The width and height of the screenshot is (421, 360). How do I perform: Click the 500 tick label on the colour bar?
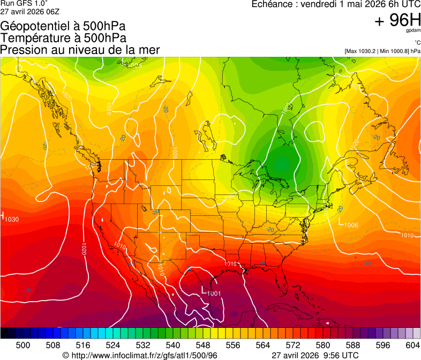[x=23, y=344]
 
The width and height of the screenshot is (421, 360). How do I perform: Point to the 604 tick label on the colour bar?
[x=413, y=344]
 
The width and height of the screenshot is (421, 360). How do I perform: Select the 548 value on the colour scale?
[x=203, y=344]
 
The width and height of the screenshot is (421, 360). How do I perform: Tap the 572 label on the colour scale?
[x=293, y=344]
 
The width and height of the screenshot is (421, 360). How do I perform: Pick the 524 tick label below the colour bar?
[x=113, y=344]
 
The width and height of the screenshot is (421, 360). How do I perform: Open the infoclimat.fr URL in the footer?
[x=144, y=355]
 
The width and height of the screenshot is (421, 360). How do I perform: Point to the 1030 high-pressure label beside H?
[x=11, y=219]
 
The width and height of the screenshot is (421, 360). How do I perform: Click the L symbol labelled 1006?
[x=341, y=222]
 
